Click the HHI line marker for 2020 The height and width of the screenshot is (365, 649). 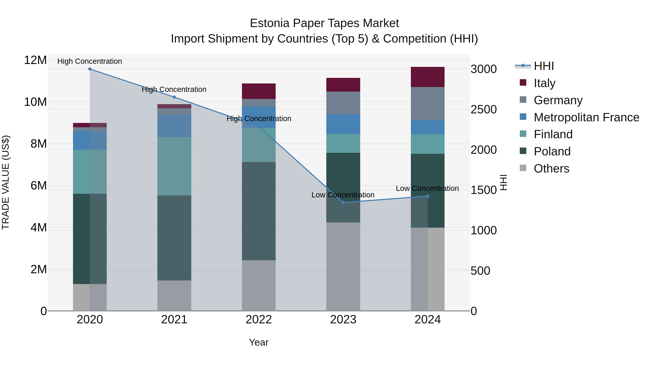90,69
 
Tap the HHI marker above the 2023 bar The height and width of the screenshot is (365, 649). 343,203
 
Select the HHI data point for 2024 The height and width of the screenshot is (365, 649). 428,196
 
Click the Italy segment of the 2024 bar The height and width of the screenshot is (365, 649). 428,77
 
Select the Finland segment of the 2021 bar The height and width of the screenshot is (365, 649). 174,166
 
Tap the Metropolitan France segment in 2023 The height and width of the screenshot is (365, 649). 343,124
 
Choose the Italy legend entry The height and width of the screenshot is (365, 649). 544,83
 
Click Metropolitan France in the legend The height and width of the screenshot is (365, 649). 586,117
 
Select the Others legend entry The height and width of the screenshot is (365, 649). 551,169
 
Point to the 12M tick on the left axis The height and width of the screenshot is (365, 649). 35,60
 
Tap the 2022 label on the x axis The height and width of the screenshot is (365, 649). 259,320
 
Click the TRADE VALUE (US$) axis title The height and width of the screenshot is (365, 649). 6,182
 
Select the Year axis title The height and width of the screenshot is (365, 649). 259,342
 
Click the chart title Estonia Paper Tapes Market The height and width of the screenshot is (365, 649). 324,23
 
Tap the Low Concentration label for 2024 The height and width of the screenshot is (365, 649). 427,188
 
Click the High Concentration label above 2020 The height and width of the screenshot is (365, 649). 90,61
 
